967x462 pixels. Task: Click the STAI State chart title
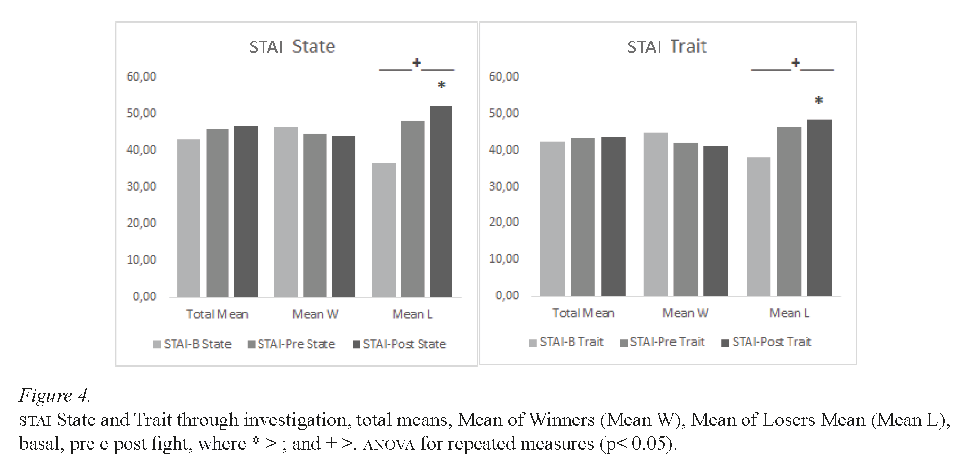pyautogui.click(x=292, y=46)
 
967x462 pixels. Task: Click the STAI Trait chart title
pyautogui.click(x=666, y=46)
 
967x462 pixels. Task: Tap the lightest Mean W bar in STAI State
pyautogui.click(x=286, y=212)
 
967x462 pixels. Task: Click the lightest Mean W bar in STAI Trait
pyautogui.click(x=656, y=214)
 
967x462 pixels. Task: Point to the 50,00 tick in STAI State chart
pyautogui.click(x=141, y=113)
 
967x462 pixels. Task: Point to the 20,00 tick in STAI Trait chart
pyautogui.click(x=504, y=222)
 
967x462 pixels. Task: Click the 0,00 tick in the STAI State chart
pyautogui.click(x=144, y=296)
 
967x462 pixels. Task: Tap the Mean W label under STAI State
pyautogui.click(x=315, y=314)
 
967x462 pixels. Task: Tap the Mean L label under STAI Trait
pyautogui.click(x=789, y=313)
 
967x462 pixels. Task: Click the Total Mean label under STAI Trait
pyautogui.click(x=583, y=313)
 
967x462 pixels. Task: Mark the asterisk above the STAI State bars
pyautogui.click(x=441, y=85)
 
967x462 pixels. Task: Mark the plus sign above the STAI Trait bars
pyautogui.click(x=795, y=63)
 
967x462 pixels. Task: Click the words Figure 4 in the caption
pyautogui.click(x=54, y=395)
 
